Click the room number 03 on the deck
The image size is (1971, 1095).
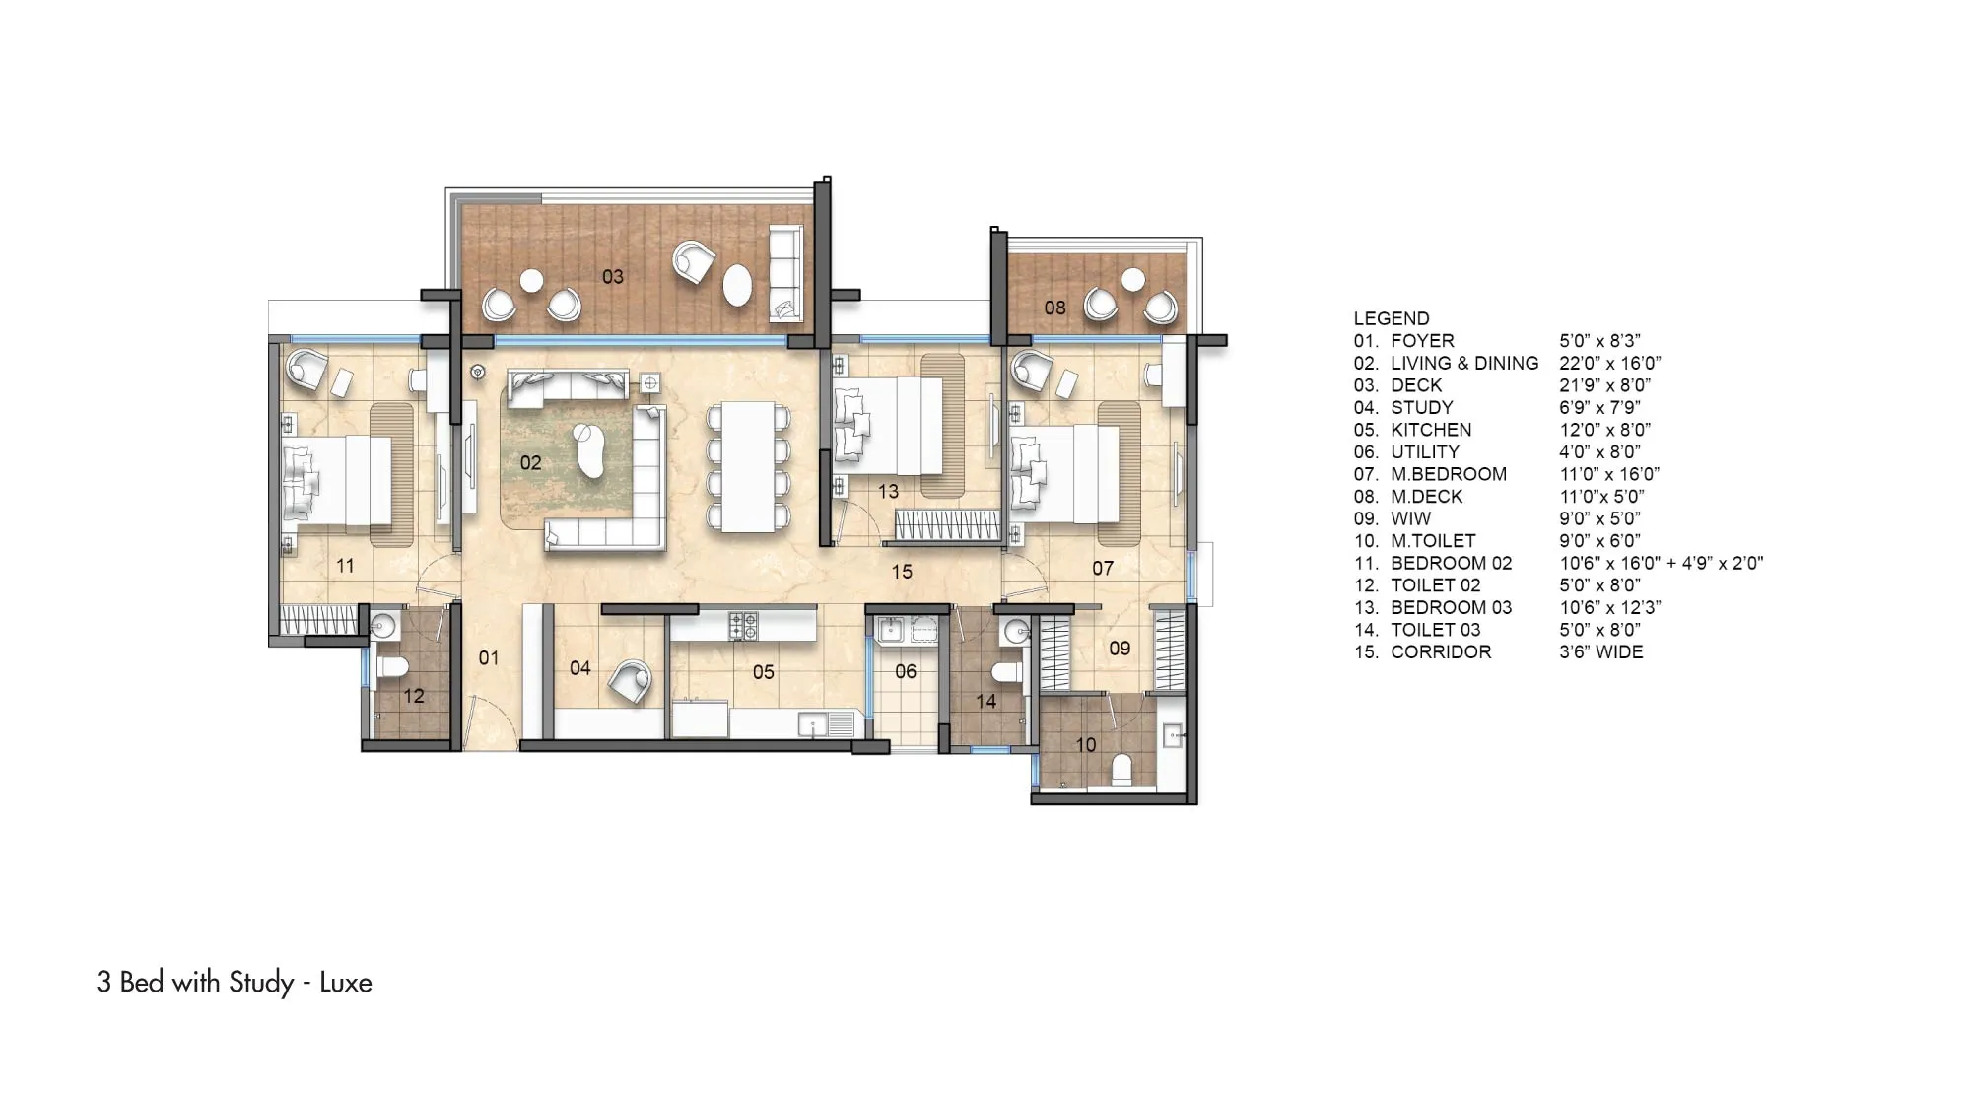click(x=613, y=277)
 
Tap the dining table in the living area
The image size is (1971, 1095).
click(x=749, y=465)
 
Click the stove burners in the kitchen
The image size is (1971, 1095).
click(x=742, y=624)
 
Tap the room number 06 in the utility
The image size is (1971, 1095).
click(x=906, y=672)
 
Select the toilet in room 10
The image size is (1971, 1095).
click(x=1121, y=768)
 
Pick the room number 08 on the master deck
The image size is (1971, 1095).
click(x=1055, y=308)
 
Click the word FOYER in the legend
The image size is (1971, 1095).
click(x=1422, y=341)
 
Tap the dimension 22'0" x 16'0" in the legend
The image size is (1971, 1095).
click(x=1610, y=363)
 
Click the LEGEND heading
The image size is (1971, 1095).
click(x=1392, y=318)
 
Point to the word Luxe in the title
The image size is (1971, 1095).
click(x=346, y=983)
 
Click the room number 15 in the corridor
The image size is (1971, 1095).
click(x=902, y=571)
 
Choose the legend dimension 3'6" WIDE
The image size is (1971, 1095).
click(x=1601, y=651)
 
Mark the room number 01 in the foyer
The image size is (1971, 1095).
click(x=489, y=657)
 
